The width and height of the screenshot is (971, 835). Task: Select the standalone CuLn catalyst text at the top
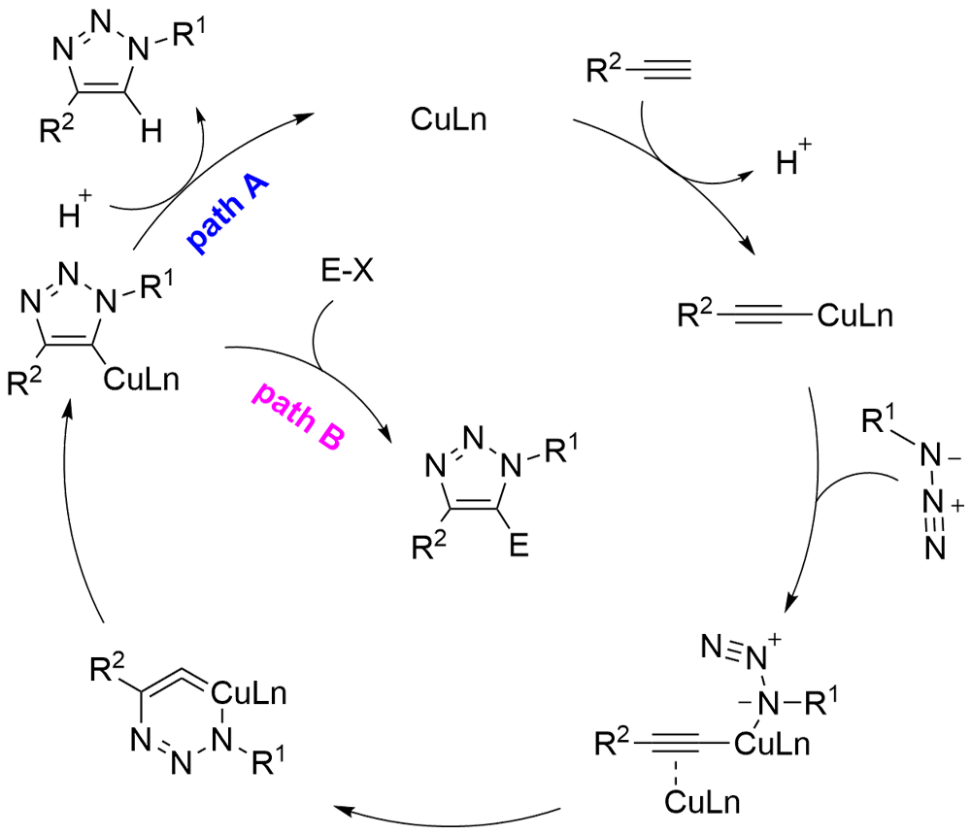pyautogui.click(x=449, y=119)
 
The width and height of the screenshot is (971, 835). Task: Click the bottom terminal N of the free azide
pyautogui.click(x=936, y=548)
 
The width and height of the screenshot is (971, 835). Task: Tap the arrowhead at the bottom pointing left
pyautogui.click(x=342, y=810)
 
